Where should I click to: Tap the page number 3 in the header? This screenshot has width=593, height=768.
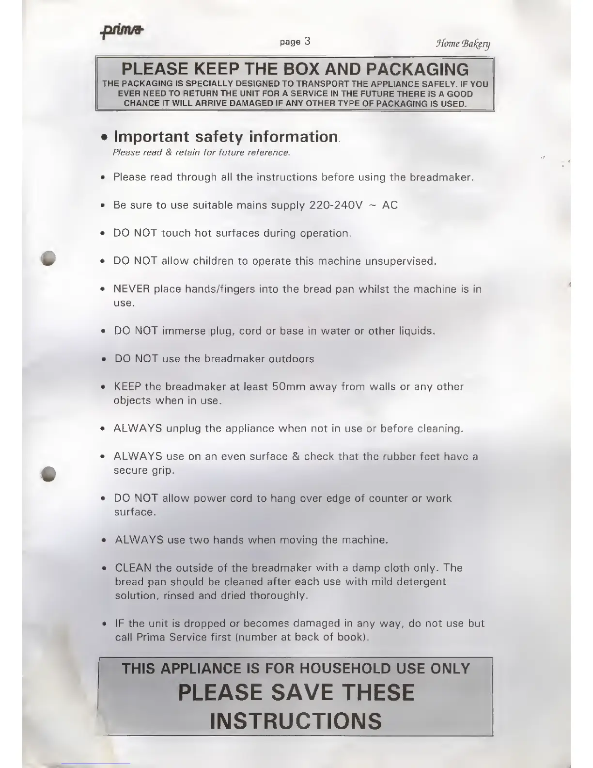(x=307, y=42)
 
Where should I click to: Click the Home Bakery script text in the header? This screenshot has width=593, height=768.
(x=463, y=44)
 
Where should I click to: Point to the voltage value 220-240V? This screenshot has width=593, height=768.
(x=336, y=205)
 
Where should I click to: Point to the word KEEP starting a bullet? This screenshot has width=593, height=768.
(x=127, y=387)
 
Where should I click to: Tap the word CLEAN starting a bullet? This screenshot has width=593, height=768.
(x=133, y=568)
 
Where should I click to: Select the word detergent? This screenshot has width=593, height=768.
(x=421, y=582)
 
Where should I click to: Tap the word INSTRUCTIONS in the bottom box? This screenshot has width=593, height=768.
(x=296, y=720)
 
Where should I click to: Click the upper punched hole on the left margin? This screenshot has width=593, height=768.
(x=49, y=258)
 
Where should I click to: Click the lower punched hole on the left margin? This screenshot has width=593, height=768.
(x=49, y=474)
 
